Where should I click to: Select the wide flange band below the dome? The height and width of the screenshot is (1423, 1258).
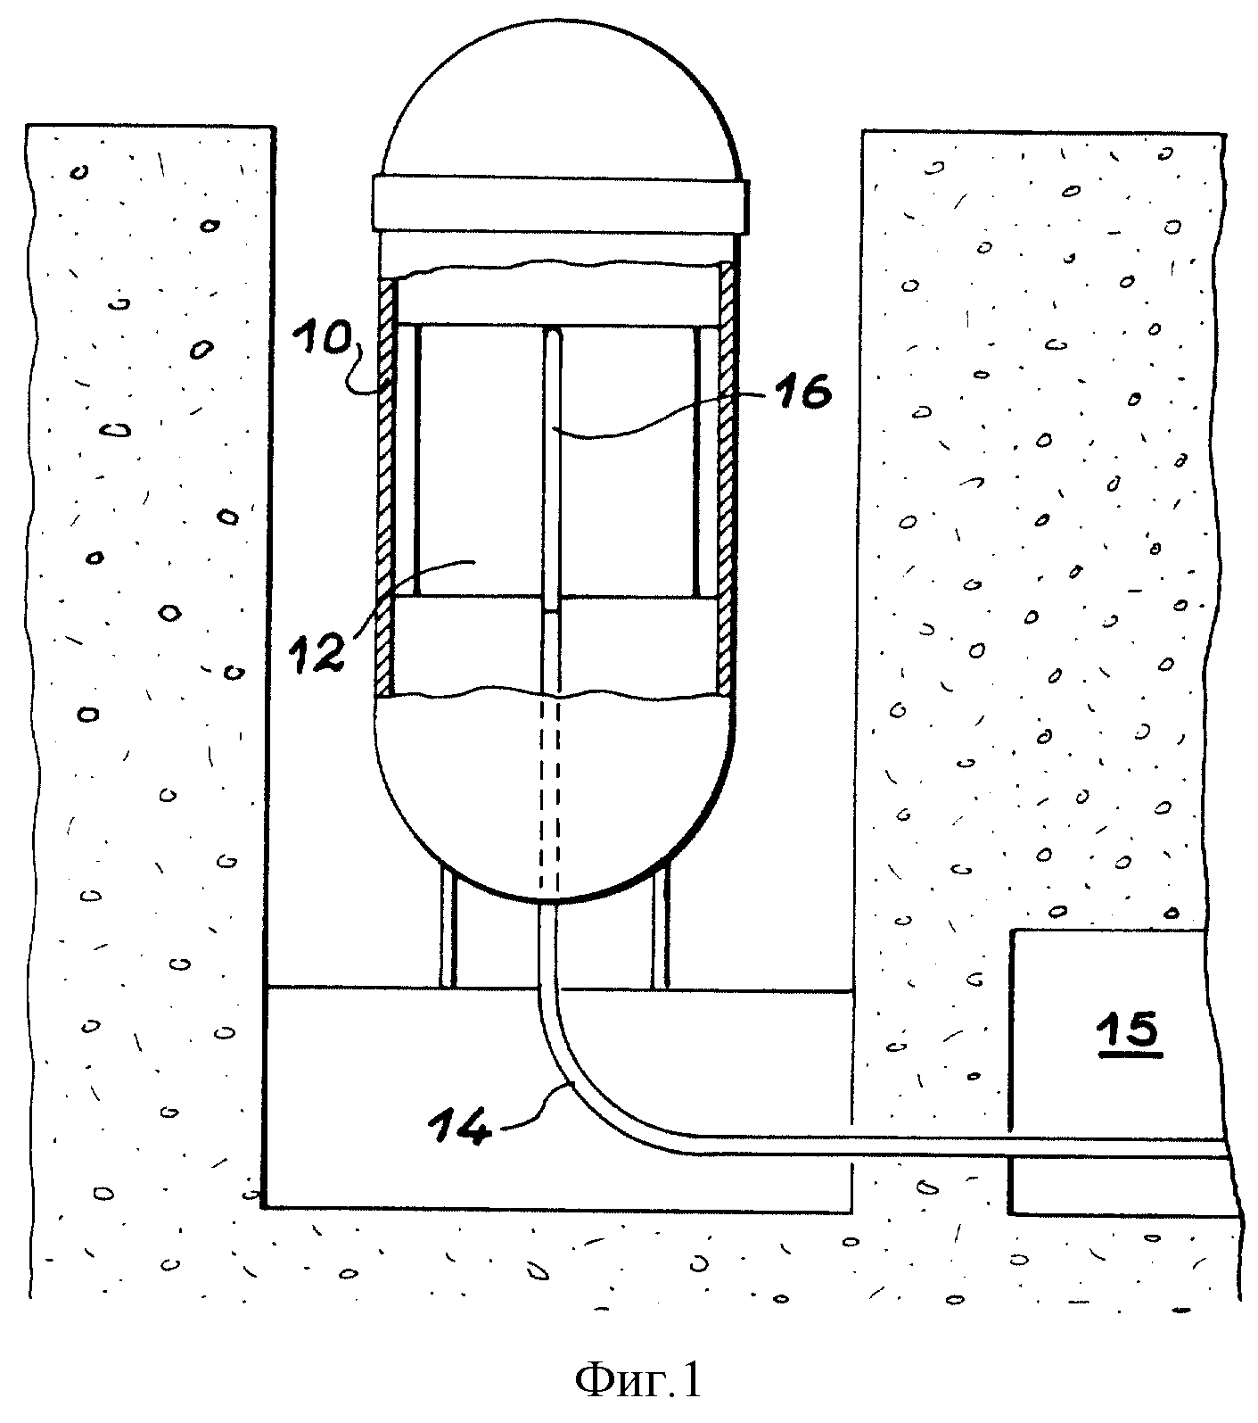point(559,203)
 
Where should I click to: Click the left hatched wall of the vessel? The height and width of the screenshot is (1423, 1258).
point(386,487)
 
